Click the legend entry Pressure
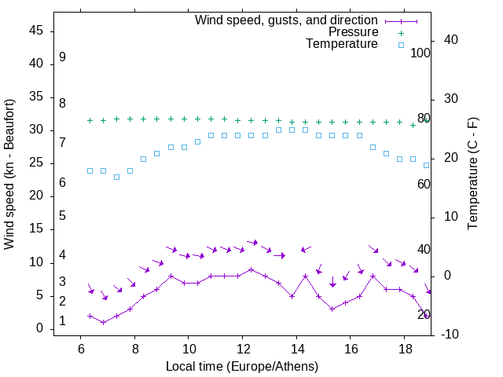[353, 32]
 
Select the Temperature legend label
[342, 45]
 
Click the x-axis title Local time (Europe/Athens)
[242, 366]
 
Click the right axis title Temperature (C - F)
[472, 174]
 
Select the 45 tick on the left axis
[36, 31]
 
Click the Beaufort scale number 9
[62, 57]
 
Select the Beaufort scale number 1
[62, 321]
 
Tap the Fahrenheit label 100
[420, 53]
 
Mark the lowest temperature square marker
[116, 177]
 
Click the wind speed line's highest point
[251, 269]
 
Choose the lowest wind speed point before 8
[103, 322]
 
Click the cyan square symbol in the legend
[401, 45]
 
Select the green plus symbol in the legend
[401, 32]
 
